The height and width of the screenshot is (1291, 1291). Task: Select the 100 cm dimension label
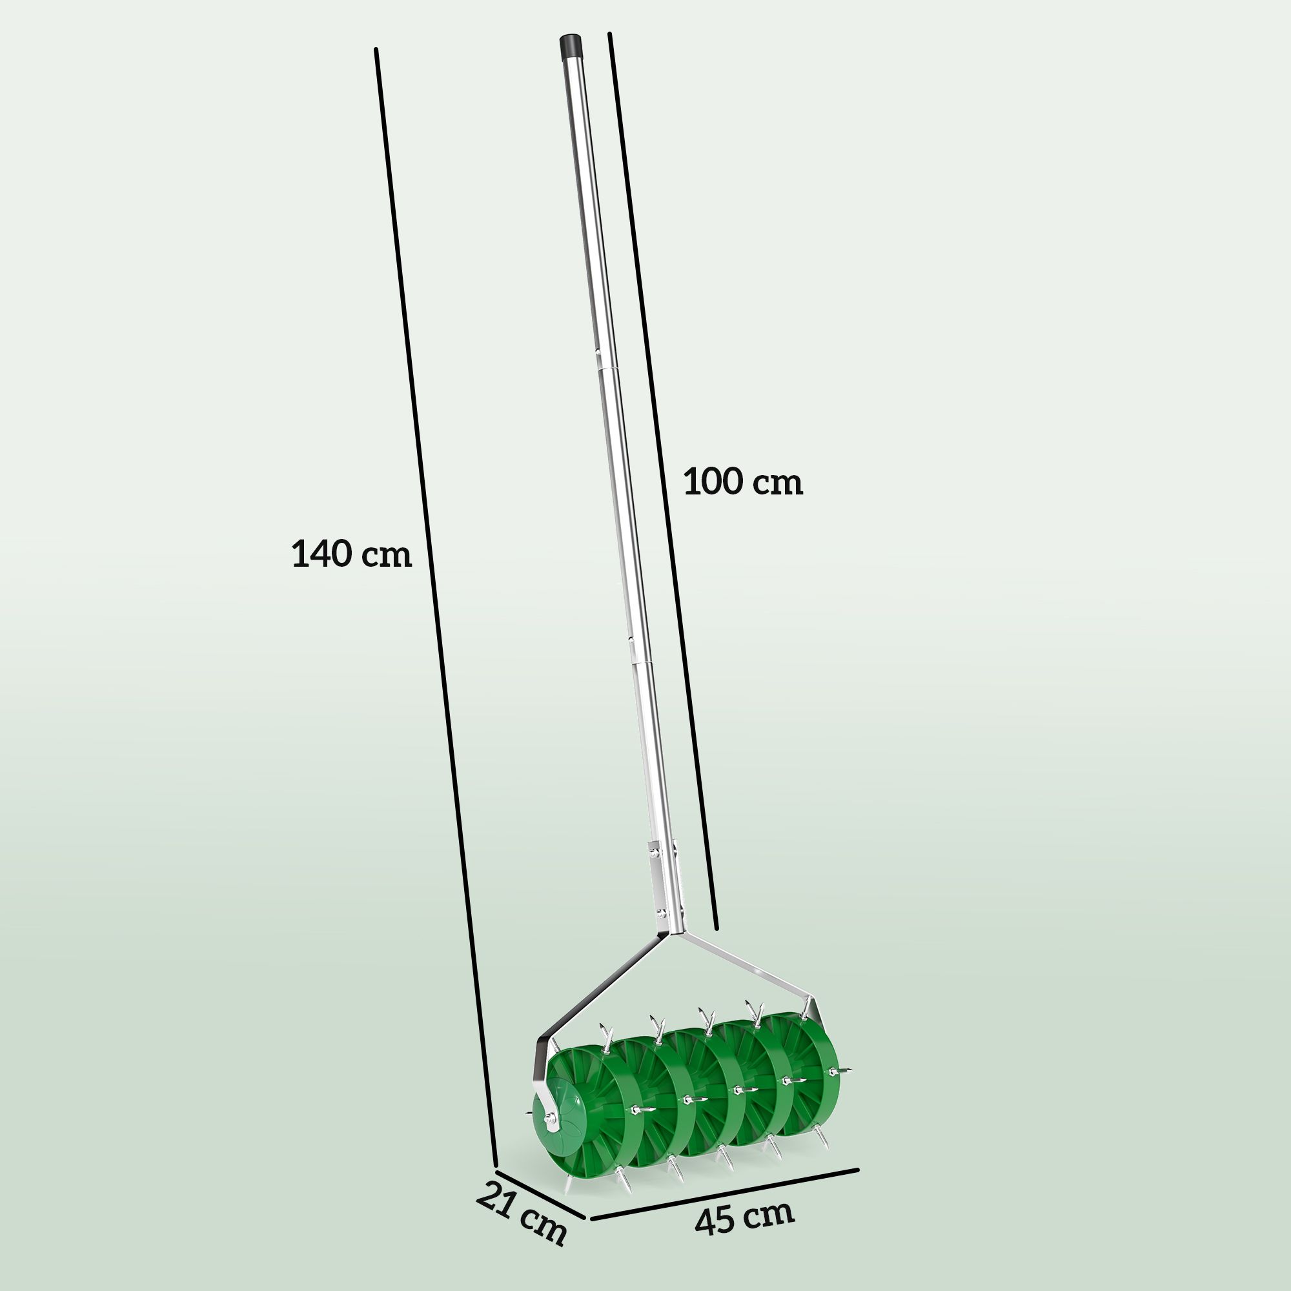(x=742, y=482)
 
